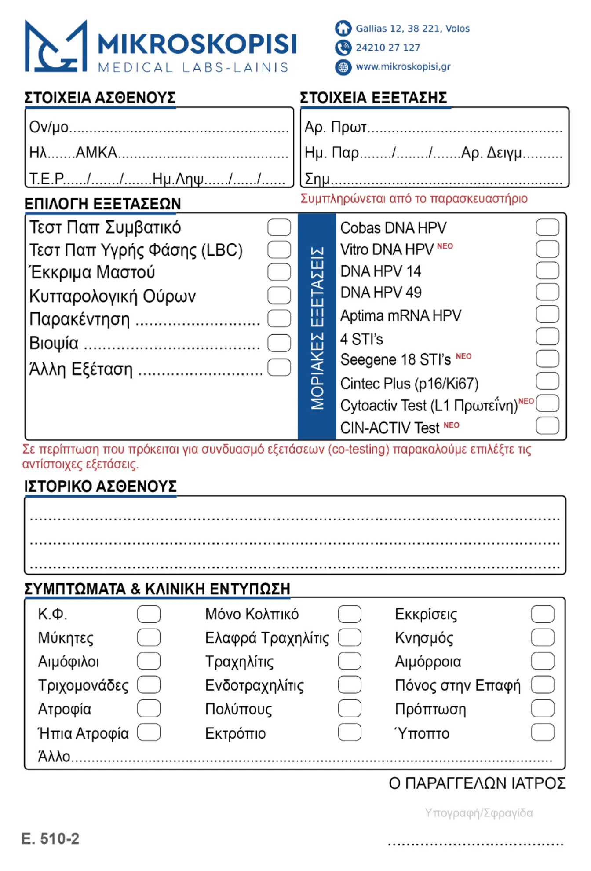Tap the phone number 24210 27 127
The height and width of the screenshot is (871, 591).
tap(387, 48)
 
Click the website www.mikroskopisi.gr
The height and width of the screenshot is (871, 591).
tap(403, 66)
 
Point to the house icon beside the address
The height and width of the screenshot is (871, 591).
tap(343, 28)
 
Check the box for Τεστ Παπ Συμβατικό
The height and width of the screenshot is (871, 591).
tap(279, 227)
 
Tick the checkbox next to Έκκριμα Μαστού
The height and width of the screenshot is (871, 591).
tap(279, 272)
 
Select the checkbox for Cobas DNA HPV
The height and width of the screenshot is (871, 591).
tap(547, 227)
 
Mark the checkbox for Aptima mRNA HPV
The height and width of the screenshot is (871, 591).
tap(547, 315)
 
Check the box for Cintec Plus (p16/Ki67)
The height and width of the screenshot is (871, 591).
tap(547, 381)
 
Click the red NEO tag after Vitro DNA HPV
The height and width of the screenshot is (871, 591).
tap(445, 246)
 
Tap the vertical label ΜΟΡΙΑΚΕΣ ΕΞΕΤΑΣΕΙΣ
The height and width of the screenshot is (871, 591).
tap(317, 328)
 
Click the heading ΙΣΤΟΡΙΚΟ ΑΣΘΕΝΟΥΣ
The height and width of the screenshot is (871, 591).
tap(100, 486)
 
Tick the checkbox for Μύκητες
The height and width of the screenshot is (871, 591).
tap(149, 637)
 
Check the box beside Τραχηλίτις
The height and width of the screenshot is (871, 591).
tap(350, 661)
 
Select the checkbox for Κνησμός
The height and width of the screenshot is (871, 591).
tap(542, 637)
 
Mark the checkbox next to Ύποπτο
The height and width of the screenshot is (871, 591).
tap(542, 732)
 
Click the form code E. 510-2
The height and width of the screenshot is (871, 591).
tap(51, 839)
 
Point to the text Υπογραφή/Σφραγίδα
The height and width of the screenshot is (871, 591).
tap(478, 813)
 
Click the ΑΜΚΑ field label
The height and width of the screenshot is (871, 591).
tap(96, 153)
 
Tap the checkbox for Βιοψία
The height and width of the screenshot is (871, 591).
tap(279, 343)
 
